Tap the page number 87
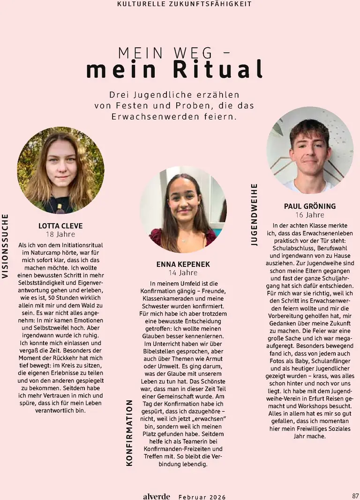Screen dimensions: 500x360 click(x=355, y=496)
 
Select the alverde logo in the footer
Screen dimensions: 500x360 click(x=157, y=496)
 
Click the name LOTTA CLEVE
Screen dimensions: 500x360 click(x=60, y=226)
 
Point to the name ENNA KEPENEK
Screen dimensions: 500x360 click(x=183, y=265)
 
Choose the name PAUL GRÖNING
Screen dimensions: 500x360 click(x=310, y=206)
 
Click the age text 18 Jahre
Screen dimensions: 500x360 click(x=60, y=235)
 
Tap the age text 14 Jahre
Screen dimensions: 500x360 click(x=183, y=273)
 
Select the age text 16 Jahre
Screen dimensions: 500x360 click(x=310, y=215)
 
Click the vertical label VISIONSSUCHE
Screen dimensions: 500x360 click(x=5, y=246)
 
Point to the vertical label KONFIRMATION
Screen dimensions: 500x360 click(x=130, y=432)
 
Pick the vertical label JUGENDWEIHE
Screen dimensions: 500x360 click(x=255, y=214)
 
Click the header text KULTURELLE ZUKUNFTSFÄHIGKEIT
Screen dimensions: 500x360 click(x=184, y=4)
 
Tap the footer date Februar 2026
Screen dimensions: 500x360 click(x=202, y=497)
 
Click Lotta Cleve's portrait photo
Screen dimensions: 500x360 click(x=60, y=170)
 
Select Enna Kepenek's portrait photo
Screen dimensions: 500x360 click(x=183, y=209)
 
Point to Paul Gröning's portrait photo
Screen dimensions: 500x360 click(x=310, y=150)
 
